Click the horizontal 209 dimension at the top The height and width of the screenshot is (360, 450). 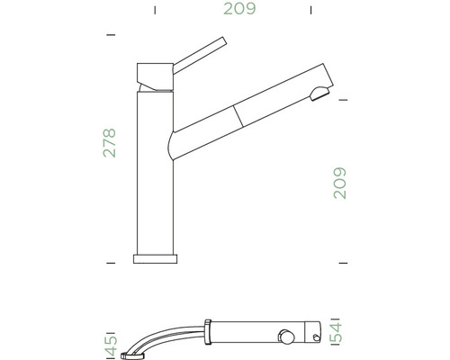[238, 10]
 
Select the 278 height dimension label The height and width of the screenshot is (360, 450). [110, 141]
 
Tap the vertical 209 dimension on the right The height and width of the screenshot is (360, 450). [340, 183]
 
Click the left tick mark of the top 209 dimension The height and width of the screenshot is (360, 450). [155, 11]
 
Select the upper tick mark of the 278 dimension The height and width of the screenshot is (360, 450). [112, 33]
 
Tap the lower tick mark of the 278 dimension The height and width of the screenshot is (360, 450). [112, 262]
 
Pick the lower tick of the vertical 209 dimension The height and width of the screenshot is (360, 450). [341, 262]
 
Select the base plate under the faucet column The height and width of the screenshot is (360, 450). [155, 259]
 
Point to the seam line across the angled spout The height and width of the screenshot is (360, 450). [238, 112]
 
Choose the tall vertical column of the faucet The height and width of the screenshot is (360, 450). [154, 171]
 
